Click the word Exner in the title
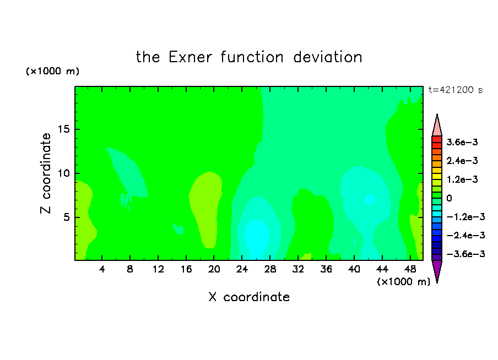click(190, 57)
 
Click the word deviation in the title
click(327, 57)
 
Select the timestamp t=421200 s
click(456, 90)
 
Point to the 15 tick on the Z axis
click(64, 129)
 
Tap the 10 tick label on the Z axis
click(64, 173)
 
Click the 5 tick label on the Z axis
click(67, 217)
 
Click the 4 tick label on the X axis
click(101, 269)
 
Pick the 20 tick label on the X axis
click(214, 269)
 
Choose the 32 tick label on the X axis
click(298, 269)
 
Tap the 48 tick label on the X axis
click(410, 269)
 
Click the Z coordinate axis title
click(45, 173)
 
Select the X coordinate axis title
click(249, 297)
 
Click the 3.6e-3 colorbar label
click(462, 142)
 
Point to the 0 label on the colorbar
click(449, 198)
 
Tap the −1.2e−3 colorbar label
click(465, 217)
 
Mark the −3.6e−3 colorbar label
click(465, 254)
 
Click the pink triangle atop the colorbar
click(437, 127)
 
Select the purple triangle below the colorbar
click(437, 270)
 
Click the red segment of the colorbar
click(437, 139)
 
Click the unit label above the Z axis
click(52, 71)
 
